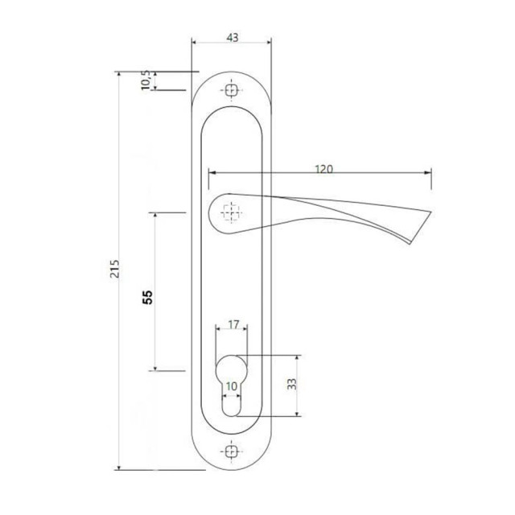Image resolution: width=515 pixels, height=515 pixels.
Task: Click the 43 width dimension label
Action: pos(233,38)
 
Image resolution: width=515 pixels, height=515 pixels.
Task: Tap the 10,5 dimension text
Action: pos(146,80)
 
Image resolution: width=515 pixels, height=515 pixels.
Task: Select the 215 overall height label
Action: pos(114,269)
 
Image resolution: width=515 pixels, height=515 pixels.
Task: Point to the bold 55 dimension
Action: pos(148,297)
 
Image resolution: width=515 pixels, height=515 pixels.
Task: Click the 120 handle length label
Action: pos(323,169)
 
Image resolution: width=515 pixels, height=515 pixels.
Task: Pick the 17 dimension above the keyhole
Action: pos(233,325)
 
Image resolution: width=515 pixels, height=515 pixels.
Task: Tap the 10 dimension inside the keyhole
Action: pos(232,386)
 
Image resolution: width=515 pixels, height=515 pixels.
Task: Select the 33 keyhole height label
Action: pos(291,384)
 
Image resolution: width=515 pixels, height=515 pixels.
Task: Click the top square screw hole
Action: pos(231,90)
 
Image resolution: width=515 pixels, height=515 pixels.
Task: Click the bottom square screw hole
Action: pos(231,451)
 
